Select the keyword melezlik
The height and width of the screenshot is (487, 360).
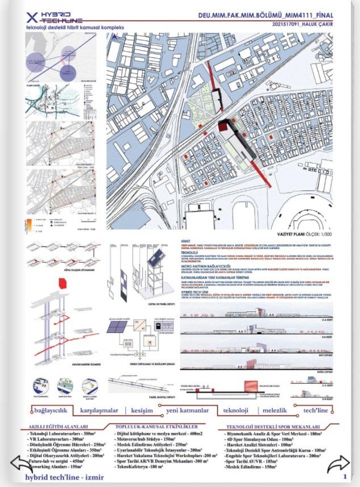click(x=278, y=410)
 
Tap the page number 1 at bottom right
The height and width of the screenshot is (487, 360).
click(x=345, y=477)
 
